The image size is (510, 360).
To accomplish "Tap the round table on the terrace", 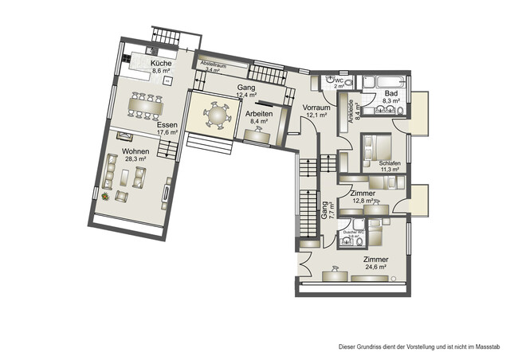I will (x=215, y=116).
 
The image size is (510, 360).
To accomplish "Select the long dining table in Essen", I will (x=146, y=104).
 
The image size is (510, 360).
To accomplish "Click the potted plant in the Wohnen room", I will (x=104, y=196).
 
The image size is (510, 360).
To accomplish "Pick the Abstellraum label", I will (x=214, y=66).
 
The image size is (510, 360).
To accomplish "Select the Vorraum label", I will (x=316, y=109).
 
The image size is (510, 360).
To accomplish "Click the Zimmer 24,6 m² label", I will (x=375, y=264).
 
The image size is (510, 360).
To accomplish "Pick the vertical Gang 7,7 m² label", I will (x=325, y=209).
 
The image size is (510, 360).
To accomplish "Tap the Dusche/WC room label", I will (x=353, y=233).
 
